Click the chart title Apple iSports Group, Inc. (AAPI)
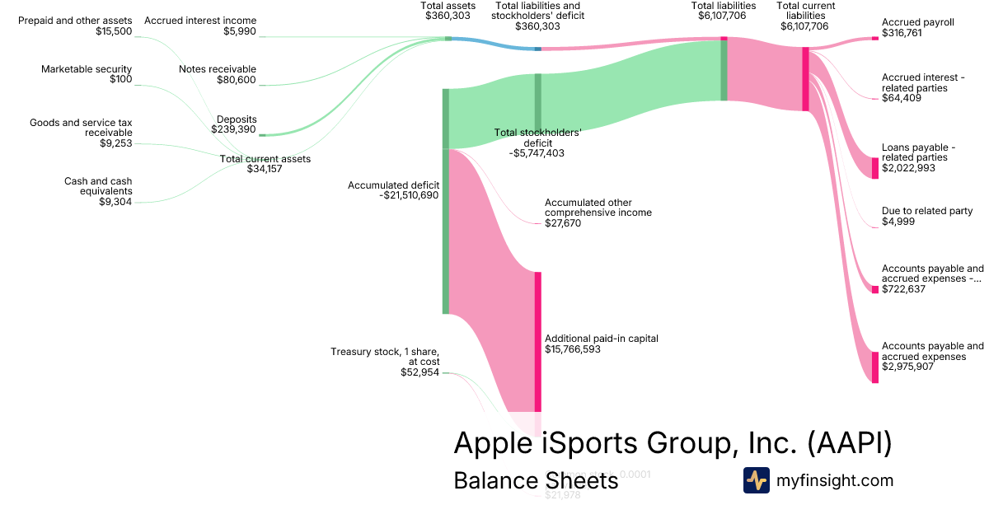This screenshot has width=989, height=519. tap(673, 443)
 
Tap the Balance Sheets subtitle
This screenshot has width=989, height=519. tap(536, 481)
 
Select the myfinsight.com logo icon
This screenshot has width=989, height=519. tap(756, 480)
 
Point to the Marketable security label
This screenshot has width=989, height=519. tap(87, 69)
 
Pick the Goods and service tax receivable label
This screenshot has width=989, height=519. tap(81, 128)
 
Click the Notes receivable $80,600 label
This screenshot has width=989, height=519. tap(218, 75)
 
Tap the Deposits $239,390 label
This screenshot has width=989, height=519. tap(234, 124)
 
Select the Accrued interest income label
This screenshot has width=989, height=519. tap(200, 21)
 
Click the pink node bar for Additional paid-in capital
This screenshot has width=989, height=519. tap(538, 341)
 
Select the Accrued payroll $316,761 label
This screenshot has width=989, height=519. tap(917, 28)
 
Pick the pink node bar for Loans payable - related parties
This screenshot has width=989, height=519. tap(875, 168)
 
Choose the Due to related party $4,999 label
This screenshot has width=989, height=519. tap(926, 217)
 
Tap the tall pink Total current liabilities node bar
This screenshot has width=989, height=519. tap(806, 78)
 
